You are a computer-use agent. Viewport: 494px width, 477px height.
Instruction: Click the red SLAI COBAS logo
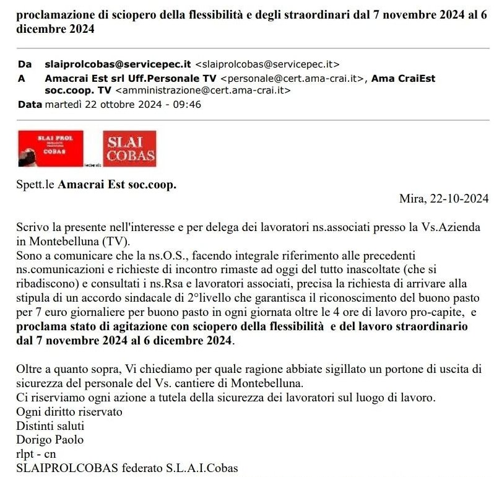tap(129, 149)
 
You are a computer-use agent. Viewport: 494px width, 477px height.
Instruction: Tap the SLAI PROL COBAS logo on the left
tap(51, 149)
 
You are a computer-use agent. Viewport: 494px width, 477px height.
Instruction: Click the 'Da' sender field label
tap(25, 64)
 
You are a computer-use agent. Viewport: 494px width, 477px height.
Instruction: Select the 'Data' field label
tap(30, 104)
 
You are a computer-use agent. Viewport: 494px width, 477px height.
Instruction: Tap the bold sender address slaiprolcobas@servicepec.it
tap(118, 64)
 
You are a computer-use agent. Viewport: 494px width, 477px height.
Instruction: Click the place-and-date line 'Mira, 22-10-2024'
tap(444, 199)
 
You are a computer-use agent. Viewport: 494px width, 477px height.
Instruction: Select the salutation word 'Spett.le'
tap(35, 185)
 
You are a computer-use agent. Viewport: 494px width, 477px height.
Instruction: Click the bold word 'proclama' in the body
tap(41, 326)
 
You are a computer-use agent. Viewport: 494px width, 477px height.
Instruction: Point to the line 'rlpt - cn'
tap(36, 453)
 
